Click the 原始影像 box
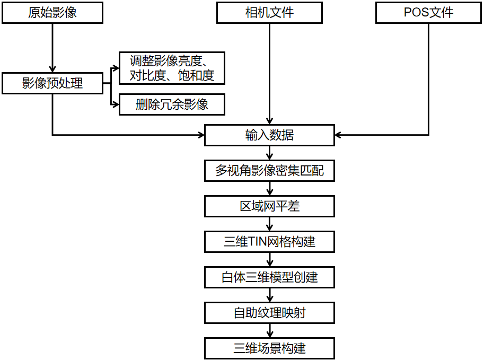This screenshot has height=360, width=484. coord(52,13)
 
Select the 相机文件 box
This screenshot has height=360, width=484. coord(269,13)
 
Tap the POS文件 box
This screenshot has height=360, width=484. coord(428,13)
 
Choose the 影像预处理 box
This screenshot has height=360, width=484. coord(52,83)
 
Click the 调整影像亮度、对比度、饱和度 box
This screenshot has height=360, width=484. coord(172,68)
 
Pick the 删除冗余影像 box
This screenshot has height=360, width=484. coord(172,104)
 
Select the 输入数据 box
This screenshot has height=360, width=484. coord(269,135)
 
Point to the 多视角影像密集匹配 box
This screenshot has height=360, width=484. coord(269,171)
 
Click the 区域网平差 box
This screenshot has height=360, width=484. coord(269,206)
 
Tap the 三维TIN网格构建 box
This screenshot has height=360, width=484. coord(269,242)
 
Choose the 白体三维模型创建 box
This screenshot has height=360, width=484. coord(269,277)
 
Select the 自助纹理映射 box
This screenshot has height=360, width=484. coord(269,313)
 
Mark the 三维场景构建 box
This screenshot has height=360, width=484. coord(269,348)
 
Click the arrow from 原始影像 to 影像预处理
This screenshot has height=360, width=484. coord(52,48)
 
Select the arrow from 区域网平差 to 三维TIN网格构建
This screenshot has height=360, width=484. coord(270,224)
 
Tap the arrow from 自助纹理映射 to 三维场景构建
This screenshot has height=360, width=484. coord(270,331)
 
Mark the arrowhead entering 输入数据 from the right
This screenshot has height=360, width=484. coord(339,135)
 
